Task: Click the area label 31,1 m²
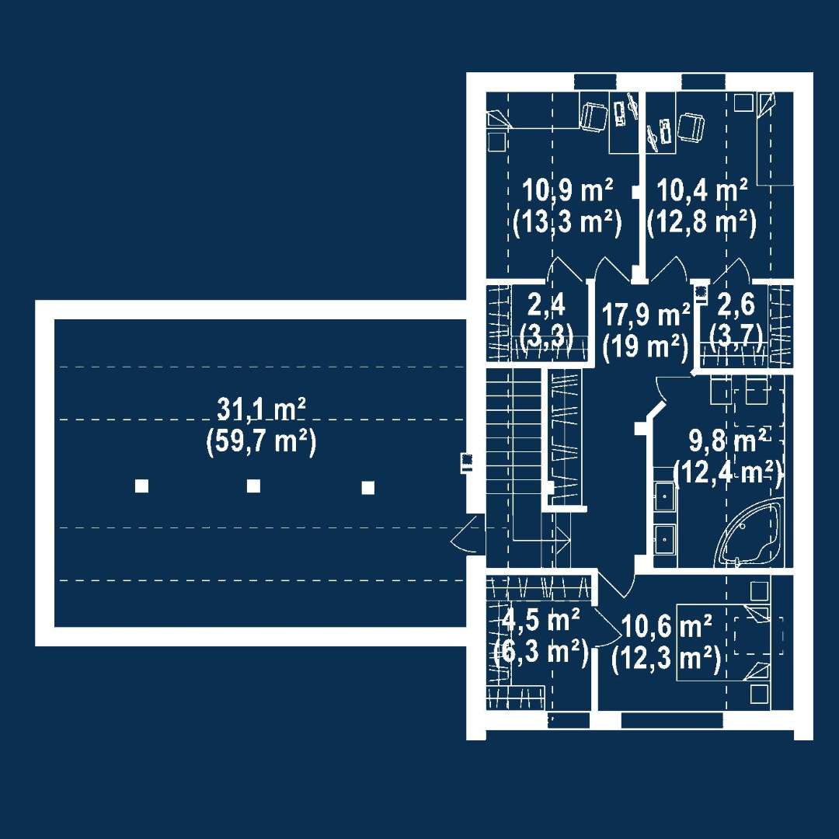[261, 409]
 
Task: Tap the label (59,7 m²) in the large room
[261, 442]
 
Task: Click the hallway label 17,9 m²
[646, 314]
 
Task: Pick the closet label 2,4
[546, 305]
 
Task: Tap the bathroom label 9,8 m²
[728, 442]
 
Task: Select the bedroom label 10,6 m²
[667, 626]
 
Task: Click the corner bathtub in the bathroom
[748, 532]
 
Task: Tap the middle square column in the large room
[253, 486]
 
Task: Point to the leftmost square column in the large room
[142, 486]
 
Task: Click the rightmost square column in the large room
[368, 487]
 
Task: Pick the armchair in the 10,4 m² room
[691, 128]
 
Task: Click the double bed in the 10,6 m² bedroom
[723, 642]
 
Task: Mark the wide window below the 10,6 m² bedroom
[671, 721]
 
